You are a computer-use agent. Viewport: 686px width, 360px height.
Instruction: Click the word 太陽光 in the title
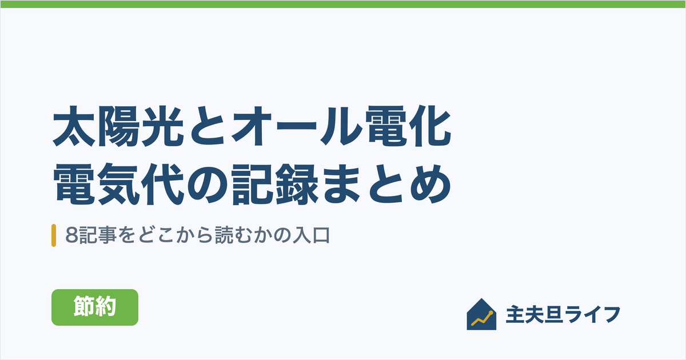118,126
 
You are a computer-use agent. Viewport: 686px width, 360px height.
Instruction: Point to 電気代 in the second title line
118,184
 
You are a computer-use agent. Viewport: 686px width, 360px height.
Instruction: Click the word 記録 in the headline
275,184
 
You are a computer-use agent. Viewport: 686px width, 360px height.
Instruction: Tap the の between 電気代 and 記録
208,185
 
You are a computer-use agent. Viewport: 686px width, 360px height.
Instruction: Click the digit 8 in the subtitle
71,235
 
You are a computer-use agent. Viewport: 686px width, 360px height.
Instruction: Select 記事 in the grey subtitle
93,235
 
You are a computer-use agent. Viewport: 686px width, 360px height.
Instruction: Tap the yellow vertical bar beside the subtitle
54,235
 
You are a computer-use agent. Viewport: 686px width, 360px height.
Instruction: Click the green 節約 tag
95,307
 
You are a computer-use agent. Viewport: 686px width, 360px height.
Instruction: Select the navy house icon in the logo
481,314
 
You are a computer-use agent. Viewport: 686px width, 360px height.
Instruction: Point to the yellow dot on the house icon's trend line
491,313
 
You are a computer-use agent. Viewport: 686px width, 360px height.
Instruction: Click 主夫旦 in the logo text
534,314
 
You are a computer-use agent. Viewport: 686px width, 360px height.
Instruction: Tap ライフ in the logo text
592,314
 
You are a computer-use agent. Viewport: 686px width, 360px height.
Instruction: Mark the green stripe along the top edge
343,4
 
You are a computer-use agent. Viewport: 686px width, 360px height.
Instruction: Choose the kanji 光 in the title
162,126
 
